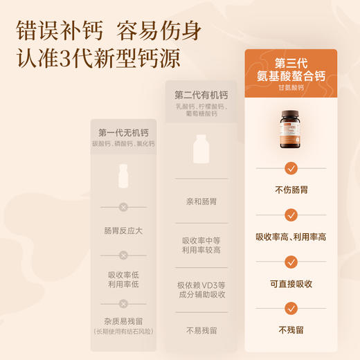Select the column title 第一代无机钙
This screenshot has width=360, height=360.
(124, 133)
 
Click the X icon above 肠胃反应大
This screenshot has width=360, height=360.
(123, 206)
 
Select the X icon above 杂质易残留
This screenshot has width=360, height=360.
(123, 303)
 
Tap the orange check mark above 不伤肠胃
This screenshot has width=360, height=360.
(291, 168)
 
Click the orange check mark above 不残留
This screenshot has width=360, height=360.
(291, 309)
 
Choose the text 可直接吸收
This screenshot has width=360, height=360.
(291, 284)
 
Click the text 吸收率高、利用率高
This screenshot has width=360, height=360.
(291, 237)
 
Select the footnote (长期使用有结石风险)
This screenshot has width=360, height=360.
(123, 331)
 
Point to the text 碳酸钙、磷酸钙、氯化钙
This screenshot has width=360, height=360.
(124, 143)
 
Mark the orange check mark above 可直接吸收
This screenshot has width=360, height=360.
(291, 262)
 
